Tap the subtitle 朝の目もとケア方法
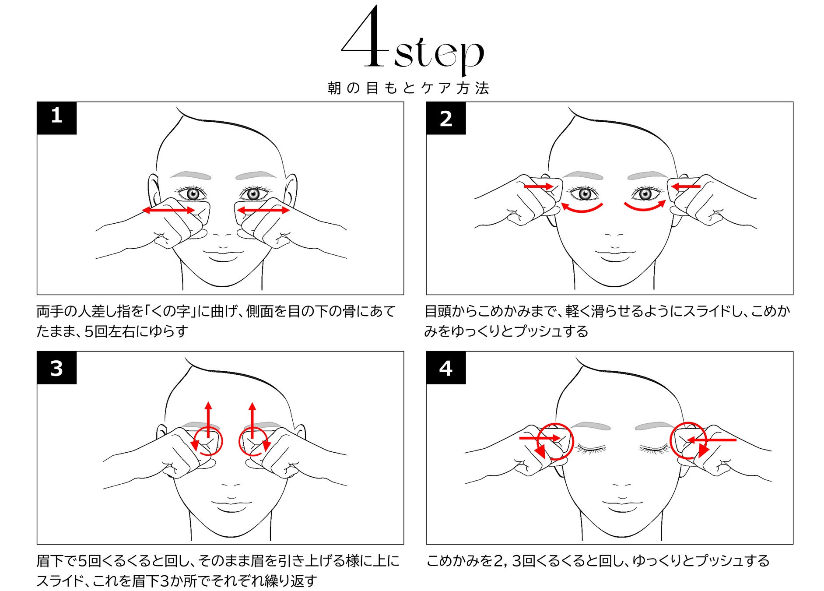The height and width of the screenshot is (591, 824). tap(408, 88)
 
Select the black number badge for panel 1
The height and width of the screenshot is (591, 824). tap(56, 118)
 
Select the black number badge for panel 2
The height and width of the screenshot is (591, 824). tap(446, 118)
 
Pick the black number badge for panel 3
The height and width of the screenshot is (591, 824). tap(56, 368)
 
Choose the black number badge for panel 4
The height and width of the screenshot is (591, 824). tap(446, 368)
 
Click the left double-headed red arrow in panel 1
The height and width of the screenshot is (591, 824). tap(168, 210)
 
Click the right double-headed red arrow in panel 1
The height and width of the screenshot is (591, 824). tap(263, 210)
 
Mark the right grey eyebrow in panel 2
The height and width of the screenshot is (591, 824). tap(648, 176)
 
